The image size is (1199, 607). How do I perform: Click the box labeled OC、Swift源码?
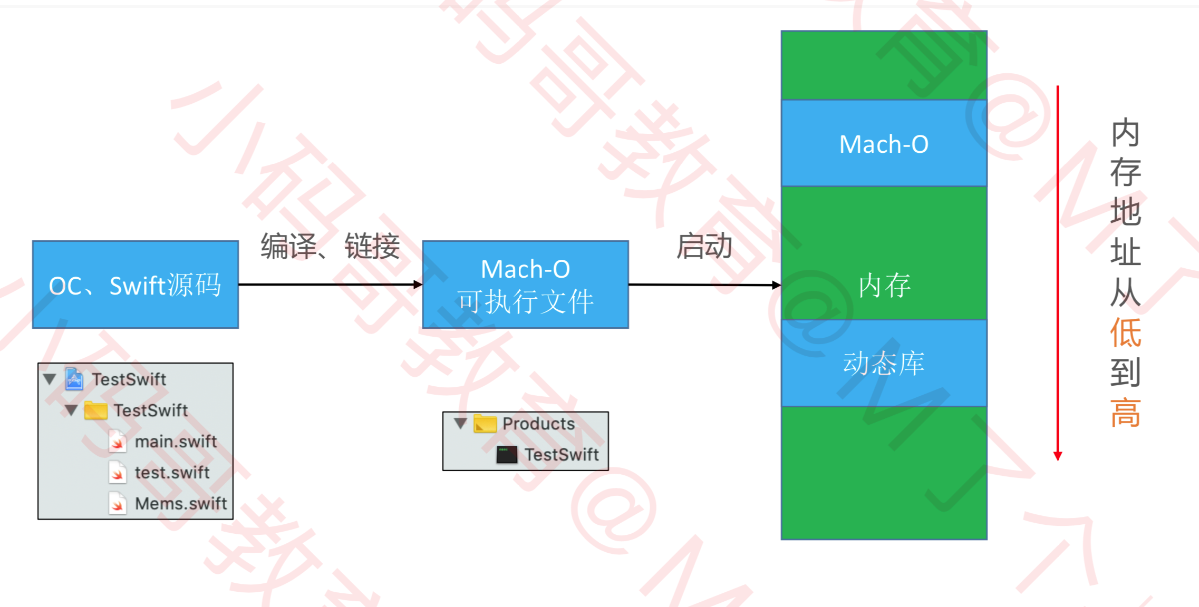(135, 285)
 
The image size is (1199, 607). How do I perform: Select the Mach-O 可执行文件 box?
(525, 285)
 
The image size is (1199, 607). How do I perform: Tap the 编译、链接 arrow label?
(330, 247)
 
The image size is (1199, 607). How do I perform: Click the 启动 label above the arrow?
(704, 246)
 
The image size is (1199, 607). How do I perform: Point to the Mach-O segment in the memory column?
(884, 143)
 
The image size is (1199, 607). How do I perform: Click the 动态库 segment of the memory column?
(884, 363)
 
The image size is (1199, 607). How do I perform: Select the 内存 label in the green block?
(884, 286)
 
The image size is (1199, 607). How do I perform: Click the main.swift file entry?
(176, 442)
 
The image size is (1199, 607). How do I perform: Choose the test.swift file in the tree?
(172, 473)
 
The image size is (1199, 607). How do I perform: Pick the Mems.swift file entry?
(181, 504)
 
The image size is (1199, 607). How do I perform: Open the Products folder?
(538, 424)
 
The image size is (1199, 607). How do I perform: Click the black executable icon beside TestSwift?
(507, 455)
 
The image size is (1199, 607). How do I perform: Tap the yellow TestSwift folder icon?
(96, 410)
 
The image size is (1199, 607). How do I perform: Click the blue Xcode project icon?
(74, 379)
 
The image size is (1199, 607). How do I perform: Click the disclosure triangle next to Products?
(460, 423)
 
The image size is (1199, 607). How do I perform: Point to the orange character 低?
(1125, 333)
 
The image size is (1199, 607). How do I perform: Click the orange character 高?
(1125, 413)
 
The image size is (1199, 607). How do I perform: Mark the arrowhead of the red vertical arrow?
(1058, 456)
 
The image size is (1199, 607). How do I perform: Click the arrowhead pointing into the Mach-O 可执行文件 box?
(418, 285)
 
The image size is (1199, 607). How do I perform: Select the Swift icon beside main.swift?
(118, 442)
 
